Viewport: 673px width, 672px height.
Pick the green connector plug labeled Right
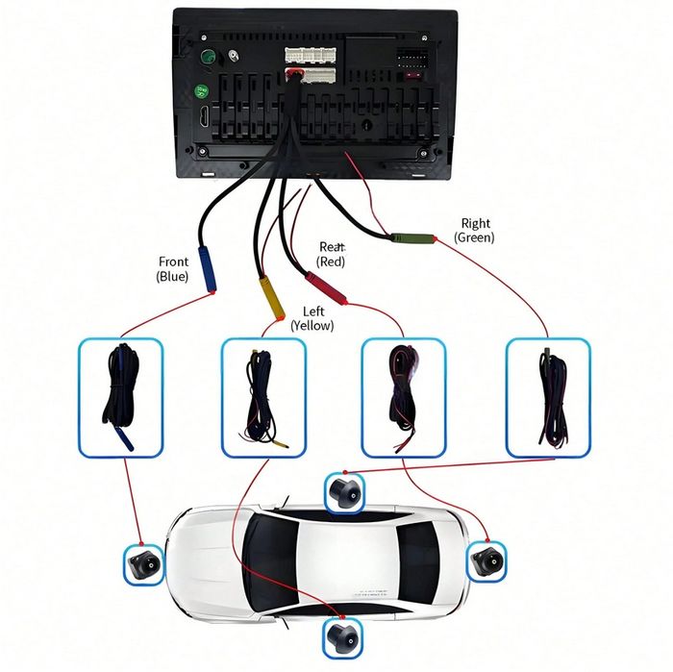[x=410, y=239]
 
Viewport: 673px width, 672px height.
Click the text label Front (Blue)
[x=173, y=268]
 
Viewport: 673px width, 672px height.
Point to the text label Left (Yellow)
[x=313, y=318]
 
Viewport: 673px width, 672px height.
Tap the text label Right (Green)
[x=475, y=230]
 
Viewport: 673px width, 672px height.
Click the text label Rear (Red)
[x=332, y=254]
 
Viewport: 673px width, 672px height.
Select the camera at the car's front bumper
[x=144, y=564]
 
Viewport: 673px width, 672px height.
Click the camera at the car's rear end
[x=486, y=560]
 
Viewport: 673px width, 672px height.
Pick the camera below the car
[x=341, y=635]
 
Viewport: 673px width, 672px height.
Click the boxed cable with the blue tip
[x=120, y=396]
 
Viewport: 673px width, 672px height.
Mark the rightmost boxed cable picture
[x=547, y=396]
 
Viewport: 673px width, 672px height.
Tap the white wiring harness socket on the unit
[x=310, y=64]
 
